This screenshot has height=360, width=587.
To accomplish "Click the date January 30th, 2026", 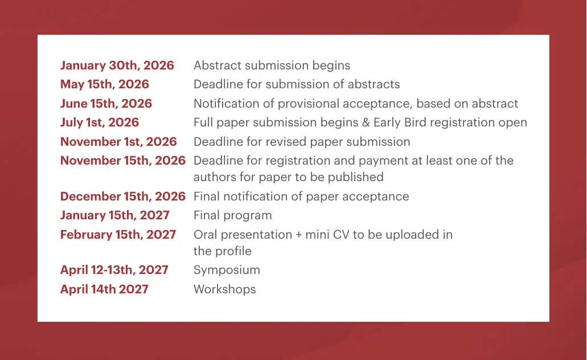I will [117, 66].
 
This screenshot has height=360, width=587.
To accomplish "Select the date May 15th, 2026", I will [104, 84].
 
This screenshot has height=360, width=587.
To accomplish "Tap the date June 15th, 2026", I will [106, 104].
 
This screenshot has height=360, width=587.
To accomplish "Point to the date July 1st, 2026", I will [99, 122].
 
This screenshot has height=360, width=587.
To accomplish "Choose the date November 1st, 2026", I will [118, 142].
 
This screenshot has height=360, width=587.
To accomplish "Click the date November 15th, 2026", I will [122, 161].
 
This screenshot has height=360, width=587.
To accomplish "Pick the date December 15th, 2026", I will [122, 197].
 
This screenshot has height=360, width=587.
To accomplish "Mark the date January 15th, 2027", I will [114, 215].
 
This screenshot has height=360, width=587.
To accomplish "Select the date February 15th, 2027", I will [118, 235].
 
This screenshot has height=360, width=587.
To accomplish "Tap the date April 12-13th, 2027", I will [114, 270].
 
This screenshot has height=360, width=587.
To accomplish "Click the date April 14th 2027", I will [104, 289].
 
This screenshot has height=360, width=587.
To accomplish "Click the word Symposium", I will [227, 270].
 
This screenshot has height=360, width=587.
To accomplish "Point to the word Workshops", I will [224, 289].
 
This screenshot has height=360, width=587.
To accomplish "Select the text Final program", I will [232, 215].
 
